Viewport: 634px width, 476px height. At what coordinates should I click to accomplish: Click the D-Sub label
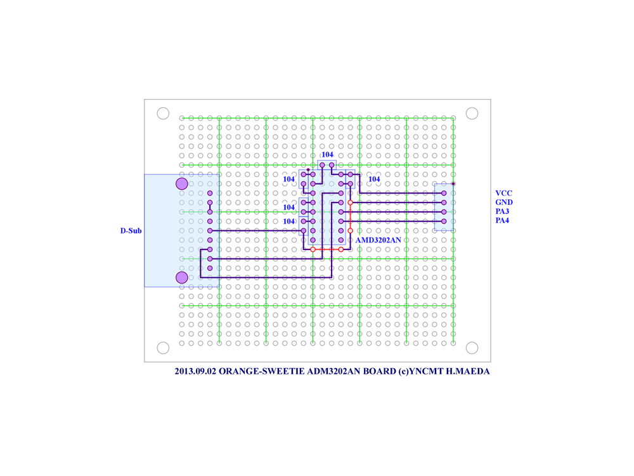pyautogui.click(x=131, y=231)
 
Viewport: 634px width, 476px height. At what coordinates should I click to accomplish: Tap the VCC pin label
pyautogui.click(x=504, y=194)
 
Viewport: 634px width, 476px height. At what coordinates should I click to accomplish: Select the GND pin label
pyautogui.click(x=504, y=202)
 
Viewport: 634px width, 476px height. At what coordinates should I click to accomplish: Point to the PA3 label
pyautogui.click(x=502, y=211)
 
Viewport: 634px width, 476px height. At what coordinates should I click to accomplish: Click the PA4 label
pyautogui.click(x=502, y=221)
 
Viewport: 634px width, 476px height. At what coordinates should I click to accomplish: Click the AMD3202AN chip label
pyautogui.click(x=378, y=240)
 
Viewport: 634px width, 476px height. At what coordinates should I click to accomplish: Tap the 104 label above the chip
pyautogui.click(x=328, y=155)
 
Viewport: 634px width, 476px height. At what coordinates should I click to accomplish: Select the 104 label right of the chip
pyautogui.click(x=374, y=179)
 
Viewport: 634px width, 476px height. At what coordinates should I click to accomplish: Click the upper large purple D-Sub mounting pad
pyautogui.click(x=182, y=184)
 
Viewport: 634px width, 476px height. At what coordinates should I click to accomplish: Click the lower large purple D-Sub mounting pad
pyautogui.click(x=182, y=278)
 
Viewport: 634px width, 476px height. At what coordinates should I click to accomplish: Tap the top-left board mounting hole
pyautogui.click(x=163, y=114)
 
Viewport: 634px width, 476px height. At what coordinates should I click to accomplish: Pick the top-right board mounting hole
pyautogui.click(x=472, y=114)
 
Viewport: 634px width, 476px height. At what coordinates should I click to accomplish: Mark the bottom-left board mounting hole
pyautogui.click(x=163, y=348)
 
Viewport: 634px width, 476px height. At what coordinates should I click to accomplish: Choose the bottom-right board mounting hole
pyautogui.click(x=472, y=348)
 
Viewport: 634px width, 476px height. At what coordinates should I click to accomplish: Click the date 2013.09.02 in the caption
pyautogui.click(x=196, y=371)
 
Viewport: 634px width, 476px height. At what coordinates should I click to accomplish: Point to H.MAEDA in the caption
pyautogui.click(x=468, y=371)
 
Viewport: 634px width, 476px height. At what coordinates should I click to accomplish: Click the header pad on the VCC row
pyautogui.click(x=444, y=194)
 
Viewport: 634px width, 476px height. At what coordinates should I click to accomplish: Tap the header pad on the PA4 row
pyautogui.click(x=444, y=221)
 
